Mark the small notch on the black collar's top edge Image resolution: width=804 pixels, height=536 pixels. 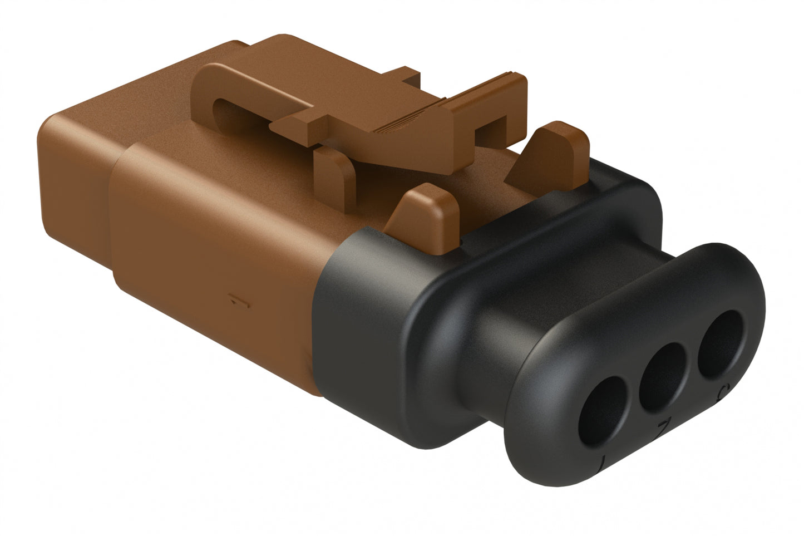pos(463,240)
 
